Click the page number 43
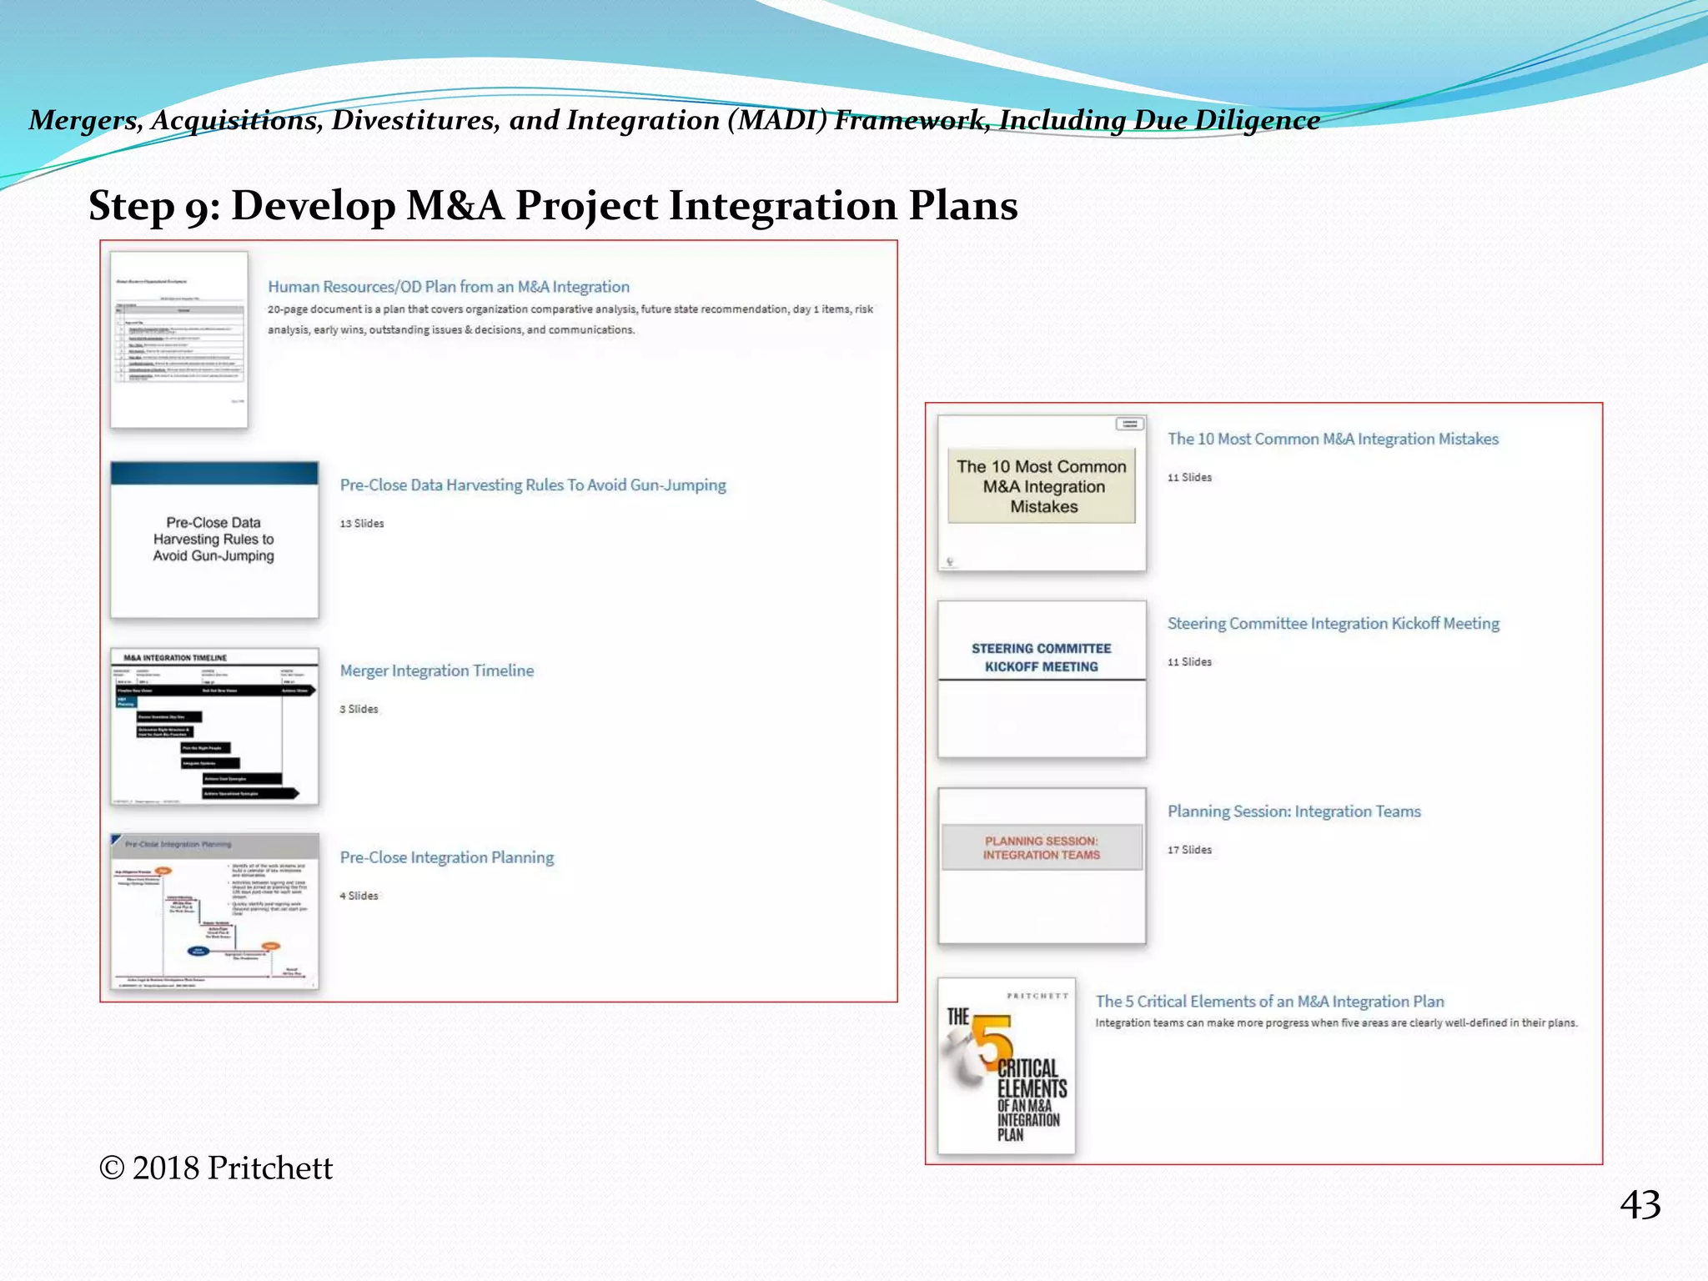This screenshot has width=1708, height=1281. pyautogui.click(x=1640, y=1205)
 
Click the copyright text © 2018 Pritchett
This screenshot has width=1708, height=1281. pyautogui.click(x=216, y=1168)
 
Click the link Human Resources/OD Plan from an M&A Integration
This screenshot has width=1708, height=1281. pyautogui.click(x=448, y=287)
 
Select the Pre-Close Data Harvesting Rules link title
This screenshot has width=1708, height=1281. pyautogui.click(x=532, y=485)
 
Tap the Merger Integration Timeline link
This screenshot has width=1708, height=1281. pyautogui.click(x=436, y=671)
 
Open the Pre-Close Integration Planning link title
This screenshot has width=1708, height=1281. pyautogui.click(x=446, y=857)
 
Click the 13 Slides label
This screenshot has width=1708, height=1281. pyautogui.click(x=361, y=524)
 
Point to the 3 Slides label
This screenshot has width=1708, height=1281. pyautogui.click(x=359, y=709)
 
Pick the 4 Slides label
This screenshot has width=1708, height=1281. pyautogui.click(x=359, y=896)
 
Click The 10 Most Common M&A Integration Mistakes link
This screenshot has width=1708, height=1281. pyautogui.click(x=1332, y=440)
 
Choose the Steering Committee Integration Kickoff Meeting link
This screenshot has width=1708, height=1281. pyautogui.click(x=1333, y=624)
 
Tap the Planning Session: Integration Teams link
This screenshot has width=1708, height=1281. pyautogui.click(x=1294, y=811)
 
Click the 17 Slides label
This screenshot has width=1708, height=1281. pyautogui.click(x=1189, y=850)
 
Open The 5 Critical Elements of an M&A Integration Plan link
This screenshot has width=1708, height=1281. pyautogui.click(x=1269, y=1002)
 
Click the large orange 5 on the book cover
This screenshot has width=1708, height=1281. pyautogui.click(x=992, y=1041)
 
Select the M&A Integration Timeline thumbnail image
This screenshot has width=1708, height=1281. pyautogui.click(x=214, y=726)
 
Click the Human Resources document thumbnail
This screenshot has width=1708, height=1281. pyautogui.click(x=179, y=340)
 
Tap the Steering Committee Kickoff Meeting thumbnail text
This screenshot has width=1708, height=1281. pyautogui.click(x=1041, y=658)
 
